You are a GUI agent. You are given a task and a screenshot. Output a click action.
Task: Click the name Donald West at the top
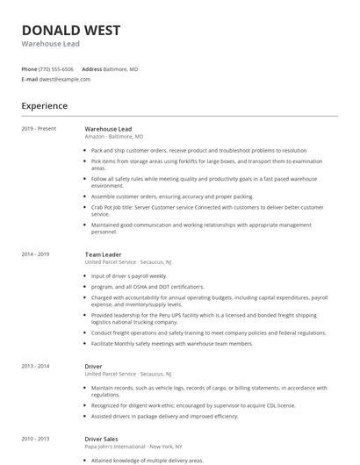coord(71,31)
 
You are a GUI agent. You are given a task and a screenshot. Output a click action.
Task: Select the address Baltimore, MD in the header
coord(121,68)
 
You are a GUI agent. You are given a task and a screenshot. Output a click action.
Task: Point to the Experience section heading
coord(45,106)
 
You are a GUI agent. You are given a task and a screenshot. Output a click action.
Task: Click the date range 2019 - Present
coord(39,129)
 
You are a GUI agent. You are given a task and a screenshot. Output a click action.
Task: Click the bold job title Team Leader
coord(103,254)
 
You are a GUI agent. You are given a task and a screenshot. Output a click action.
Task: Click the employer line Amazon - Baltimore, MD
coord(113,137)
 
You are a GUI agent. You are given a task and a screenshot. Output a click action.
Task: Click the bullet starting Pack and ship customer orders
coord(198,150)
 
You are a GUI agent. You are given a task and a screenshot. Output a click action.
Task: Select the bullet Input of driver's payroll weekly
coord(129,275)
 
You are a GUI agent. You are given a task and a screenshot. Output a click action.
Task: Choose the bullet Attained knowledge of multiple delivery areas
coord(148,460)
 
